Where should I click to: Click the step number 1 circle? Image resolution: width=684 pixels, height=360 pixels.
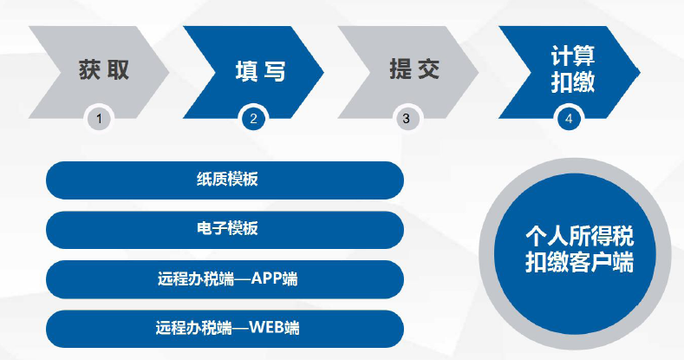click(99, 119)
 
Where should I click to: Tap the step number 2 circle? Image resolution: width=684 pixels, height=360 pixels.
click(253, 119)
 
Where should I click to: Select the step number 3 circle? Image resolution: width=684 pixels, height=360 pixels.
click(406, 119)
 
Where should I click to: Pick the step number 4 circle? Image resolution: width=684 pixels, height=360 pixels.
click(569, 119)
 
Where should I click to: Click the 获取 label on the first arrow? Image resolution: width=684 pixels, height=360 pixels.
click(104, 69)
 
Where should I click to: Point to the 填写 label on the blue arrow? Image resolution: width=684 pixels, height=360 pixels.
click(260, 71)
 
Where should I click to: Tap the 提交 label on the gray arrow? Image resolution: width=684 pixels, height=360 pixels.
click(414, 69)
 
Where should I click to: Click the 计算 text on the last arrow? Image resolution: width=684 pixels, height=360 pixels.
click(573, 56)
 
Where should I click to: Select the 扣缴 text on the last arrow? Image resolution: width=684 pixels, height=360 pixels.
click(573, 82)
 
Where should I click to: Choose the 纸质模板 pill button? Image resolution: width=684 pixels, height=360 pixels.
click(225, 180)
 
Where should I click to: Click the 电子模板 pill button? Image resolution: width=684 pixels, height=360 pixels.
click(225, 230)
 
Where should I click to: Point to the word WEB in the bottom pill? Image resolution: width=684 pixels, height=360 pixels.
click(266, 327)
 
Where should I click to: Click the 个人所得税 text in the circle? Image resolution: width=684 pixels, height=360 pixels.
click(579, 236)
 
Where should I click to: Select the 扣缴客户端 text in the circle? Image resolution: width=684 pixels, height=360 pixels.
click(579, 262)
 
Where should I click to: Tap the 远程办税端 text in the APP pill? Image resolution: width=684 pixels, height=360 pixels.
click(196, 278)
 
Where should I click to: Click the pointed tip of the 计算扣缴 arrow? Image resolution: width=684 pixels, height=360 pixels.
click(640, 72)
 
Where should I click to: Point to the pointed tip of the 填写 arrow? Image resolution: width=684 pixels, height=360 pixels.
click(323, 72)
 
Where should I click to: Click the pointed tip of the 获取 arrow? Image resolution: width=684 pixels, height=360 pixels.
click(169, 72)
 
